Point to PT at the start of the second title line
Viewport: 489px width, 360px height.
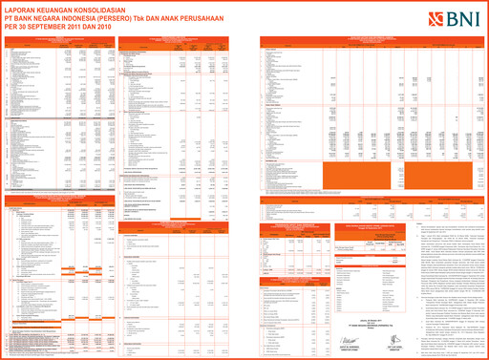[8, 16]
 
